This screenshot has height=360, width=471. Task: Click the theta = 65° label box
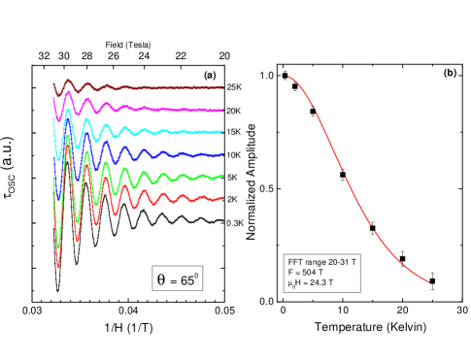[x=178, y=279]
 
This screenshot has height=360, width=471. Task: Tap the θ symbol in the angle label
[x=161, y=279]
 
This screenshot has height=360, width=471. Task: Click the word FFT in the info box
[x=295, y=263]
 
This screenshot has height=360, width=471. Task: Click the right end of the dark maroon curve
[x=223, y=87]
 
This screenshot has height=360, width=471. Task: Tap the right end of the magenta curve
[x=223, y=111]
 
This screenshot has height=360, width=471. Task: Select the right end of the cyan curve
[x=223, y=131]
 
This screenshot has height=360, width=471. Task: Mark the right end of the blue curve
[x=223, y=154]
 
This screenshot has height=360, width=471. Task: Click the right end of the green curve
[x=223, y=176]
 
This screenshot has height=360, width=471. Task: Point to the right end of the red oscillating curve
[x=223, y=198]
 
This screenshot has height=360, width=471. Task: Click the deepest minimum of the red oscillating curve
[x=58, y=266]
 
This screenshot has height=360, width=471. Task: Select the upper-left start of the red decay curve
[x=288, y=77]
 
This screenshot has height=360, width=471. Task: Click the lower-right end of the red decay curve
[x=429, y=282]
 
